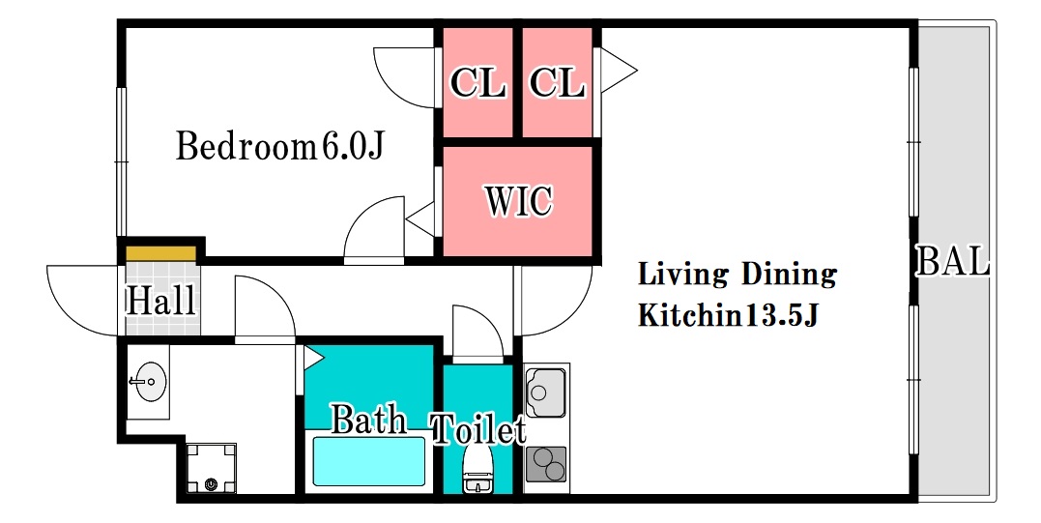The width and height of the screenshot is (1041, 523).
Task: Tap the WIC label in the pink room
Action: pyautogui.click(x=518, y=200)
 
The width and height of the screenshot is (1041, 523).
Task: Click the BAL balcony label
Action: pyautogui.click(x=953, y=261)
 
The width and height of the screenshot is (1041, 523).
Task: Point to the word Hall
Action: pyautogui.click(x=160, y=300)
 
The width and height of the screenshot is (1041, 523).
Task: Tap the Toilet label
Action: pyautogui.click(x=478, y=429)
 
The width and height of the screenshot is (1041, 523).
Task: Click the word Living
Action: pyautogui.click(x=682, y=275)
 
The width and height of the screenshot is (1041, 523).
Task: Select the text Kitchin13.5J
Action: pyautogui.click(x=728, y=315)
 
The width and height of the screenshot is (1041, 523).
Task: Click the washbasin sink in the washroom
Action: pyautogui.click(x=150, y=382)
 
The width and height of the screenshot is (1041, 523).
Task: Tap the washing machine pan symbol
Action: pyautogui.click(x=211, y=468)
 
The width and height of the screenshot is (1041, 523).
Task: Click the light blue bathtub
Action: pyautogui.click(x=368, y=460)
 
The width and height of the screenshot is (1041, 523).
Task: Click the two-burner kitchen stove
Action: pyautogui.click(x=546, y=464)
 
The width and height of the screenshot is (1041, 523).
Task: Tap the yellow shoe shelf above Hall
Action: pyautogui.click(x=161, y=253)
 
